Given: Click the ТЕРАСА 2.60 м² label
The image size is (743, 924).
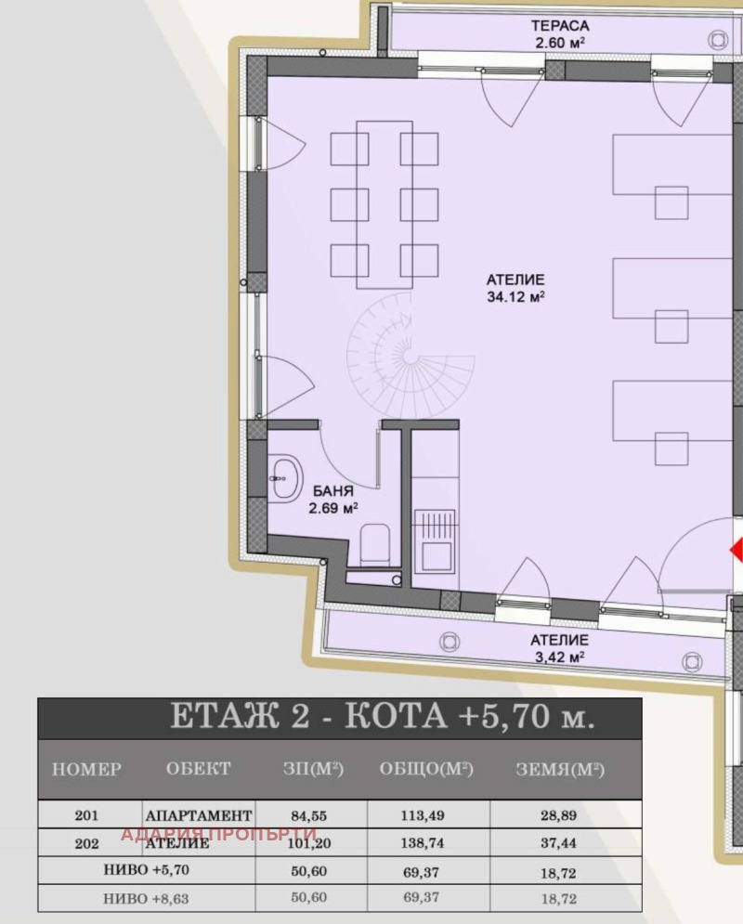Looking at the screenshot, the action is tap(559, 34).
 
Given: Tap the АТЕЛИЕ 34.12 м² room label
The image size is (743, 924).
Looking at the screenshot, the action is tap(515, 288).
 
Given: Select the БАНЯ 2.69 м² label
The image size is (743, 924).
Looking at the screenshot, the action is tap(333, 499).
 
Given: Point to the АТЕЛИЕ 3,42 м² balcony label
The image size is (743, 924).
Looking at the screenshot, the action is tap(559, 648).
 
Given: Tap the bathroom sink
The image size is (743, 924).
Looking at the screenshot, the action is tap(286, 478).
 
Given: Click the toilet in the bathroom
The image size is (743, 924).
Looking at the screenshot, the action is tap(374, 544).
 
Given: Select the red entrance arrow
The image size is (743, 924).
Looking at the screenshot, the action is tap(736, 551).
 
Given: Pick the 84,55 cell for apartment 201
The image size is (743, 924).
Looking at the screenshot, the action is tap(308, 816).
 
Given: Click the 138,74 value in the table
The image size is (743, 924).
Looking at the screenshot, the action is tap(424, 843).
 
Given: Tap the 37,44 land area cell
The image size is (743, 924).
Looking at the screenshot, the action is tap(558, 843).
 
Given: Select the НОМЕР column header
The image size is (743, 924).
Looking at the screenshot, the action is tap(86, 769).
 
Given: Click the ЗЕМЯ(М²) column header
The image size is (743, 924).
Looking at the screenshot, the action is tap(560, 769).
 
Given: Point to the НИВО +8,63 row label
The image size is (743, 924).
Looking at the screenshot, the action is tap(146, 898).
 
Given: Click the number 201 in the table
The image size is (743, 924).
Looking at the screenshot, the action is tap(86, 815).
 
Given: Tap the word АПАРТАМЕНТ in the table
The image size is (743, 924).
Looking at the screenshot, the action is tap(199, 815).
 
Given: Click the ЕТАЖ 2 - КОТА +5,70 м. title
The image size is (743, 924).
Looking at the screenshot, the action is tap(383, 717).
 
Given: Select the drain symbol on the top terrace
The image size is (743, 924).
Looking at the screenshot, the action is tap(718, 40).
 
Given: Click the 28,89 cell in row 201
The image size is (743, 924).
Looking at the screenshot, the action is tap(558, 815).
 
